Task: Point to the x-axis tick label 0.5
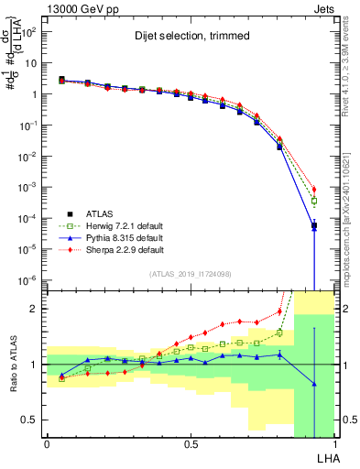pyautogui.click(x=191, y=443)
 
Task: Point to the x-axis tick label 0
pyautogui.click(x=47, y=443)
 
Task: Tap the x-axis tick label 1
pyautogui.click(x=335, y=443)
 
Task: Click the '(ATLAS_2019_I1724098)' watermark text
pyautogui.click(x=191, y=274)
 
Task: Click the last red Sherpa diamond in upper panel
pyautogui.click(x=313, y=189)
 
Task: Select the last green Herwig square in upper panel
pyautogui.click(x=313, y=201)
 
